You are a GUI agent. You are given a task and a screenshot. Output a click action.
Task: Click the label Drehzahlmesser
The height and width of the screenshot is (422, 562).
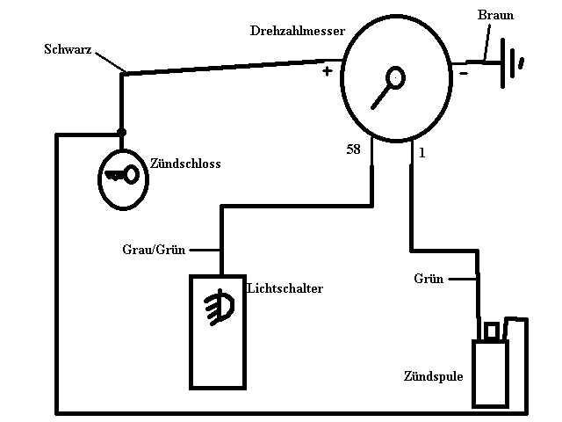point(297,31)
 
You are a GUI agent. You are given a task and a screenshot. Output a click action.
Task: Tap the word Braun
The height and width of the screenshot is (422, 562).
point(495,16)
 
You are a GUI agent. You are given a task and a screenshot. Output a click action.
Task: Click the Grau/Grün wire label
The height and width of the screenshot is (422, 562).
point(154,249)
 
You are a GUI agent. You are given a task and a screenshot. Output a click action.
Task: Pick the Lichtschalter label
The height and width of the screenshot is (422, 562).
point(285,288)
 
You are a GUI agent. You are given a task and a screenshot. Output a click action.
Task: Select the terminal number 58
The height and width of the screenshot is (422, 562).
point(353,150)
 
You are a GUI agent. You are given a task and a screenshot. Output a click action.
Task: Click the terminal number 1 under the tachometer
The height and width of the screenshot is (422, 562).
point(422,153)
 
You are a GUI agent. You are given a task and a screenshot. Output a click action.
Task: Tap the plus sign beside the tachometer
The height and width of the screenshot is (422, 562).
point(328,70)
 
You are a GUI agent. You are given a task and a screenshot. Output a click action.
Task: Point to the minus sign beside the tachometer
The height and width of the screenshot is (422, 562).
point(463,74)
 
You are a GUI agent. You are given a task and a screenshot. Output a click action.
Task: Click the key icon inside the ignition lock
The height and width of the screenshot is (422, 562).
point(121,175)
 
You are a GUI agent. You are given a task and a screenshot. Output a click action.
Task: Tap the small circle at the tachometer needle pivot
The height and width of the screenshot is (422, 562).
point(396,77)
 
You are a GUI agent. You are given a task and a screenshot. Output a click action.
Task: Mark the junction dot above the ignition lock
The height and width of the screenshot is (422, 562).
point(121,133)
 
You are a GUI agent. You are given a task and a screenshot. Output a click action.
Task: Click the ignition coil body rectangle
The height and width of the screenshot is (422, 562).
point(490,374)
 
